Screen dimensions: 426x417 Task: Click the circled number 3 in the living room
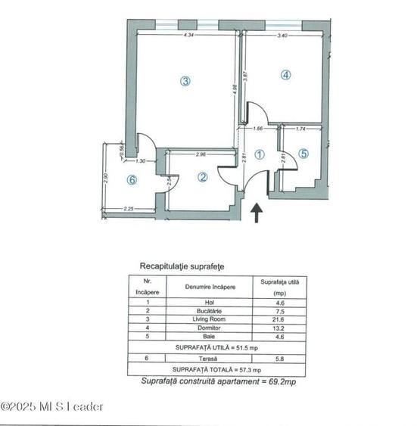(x=185, y=81)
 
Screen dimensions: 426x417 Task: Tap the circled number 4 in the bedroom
(x=285, y=75)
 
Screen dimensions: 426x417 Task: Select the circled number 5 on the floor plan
(x=303, y=153)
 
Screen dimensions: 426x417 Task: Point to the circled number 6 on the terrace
(x=132, y=180)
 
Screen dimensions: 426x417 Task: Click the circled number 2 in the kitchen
(x=203, y=178)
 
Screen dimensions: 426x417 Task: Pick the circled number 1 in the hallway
(x=259, y=154)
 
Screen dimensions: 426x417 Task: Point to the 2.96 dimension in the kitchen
(x=201, y=155)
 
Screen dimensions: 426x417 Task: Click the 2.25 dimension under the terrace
(x=129, y=210)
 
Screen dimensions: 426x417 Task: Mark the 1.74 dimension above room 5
(x=300, y=129)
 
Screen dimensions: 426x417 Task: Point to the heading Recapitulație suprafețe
(x=182, y=266)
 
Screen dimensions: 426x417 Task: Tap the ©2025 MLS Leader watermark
(x=52, y=406)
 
